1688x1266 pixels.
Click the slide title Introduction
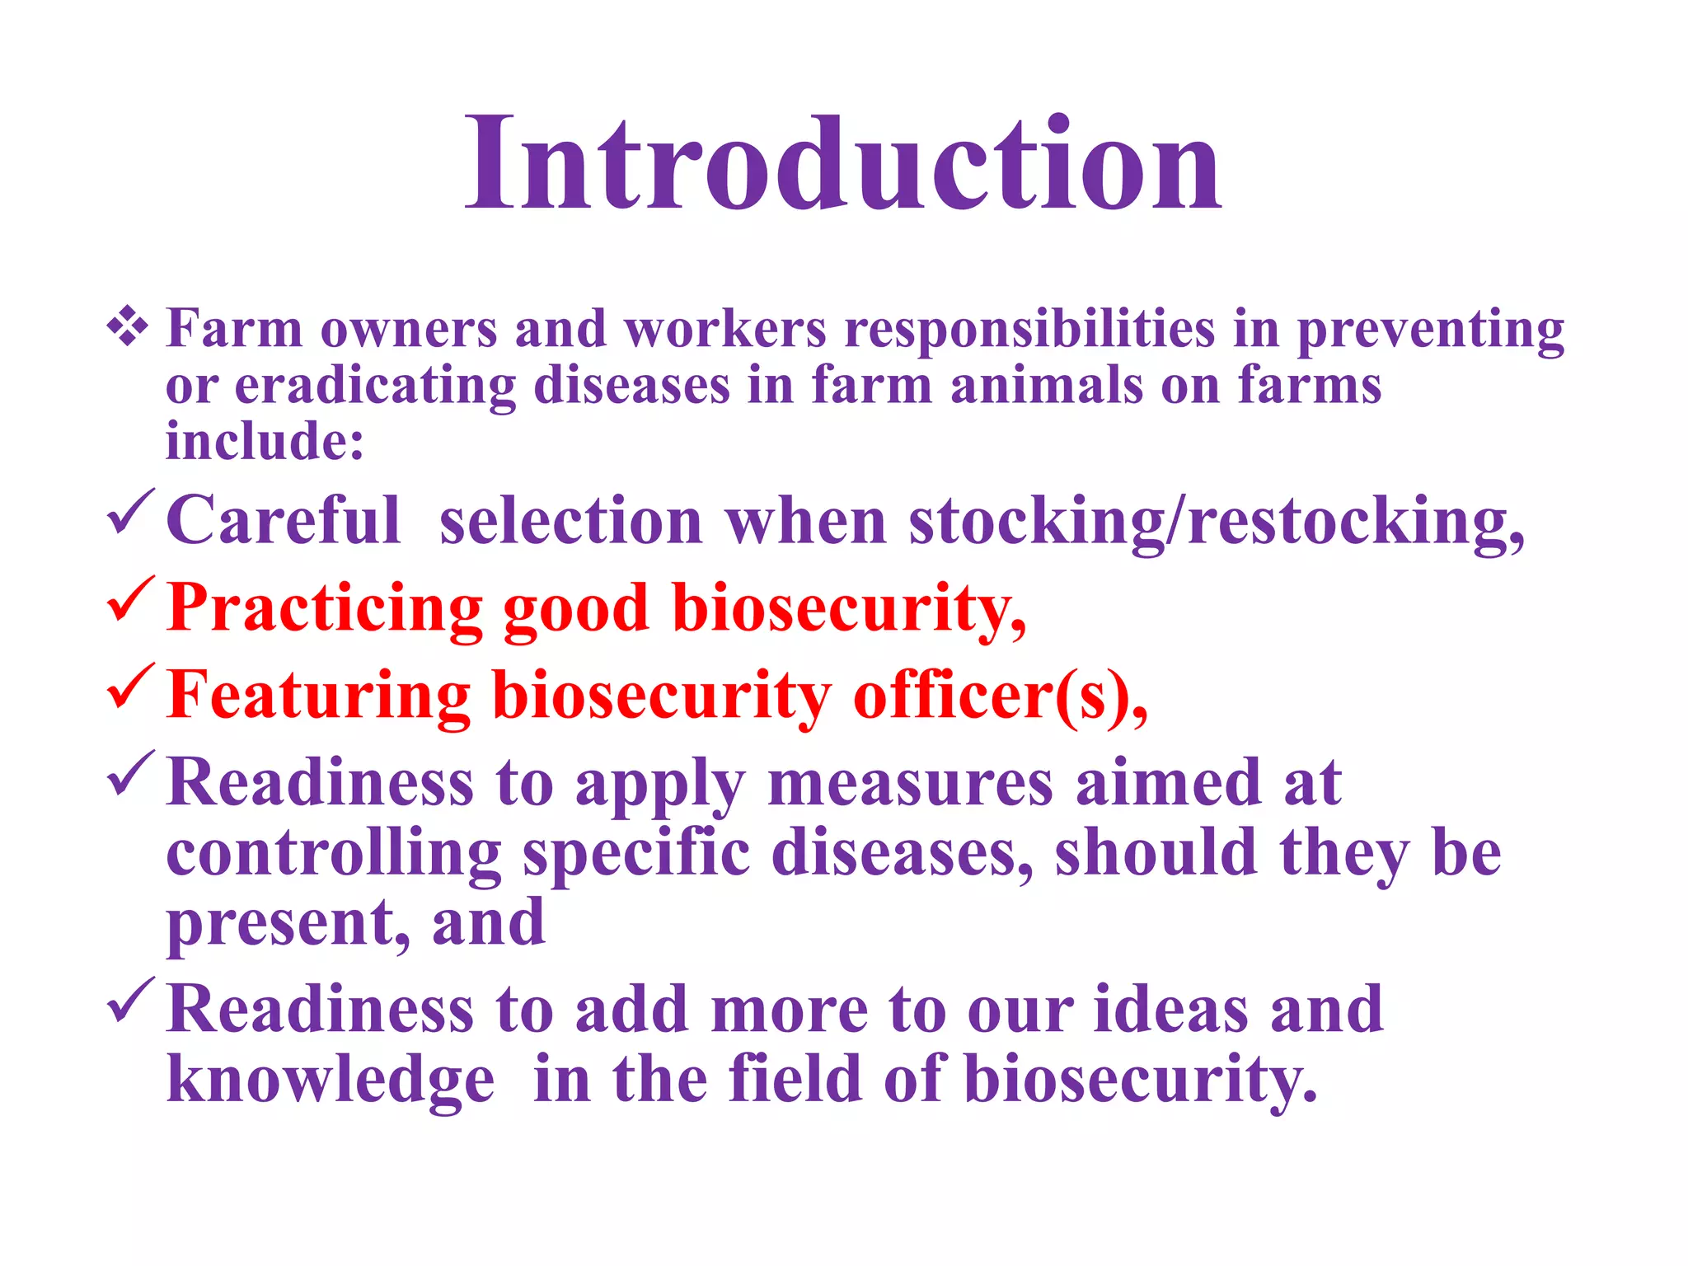(842, 164)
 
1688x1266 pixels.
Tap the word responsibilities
(1029, 330)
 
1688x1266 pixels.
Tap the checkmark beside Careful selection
(130, 513)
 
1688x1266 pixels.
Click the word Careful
(284, 521)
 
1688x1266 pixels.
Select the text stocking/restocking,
(1217, 523)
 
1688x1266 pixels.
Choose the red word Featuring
(318, 696)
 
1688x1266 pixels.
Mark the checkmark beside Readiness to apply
(130, 775)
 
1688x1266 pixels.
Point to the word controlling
(334, 854)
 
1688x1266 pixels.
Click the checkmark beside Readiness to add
(130, 1001)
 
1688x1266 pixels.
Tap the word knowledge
(331, 1080)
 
